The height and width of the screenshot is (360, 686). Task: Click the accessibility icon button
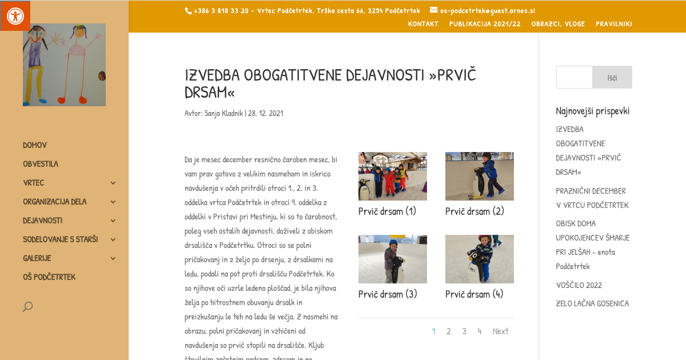(15, 16)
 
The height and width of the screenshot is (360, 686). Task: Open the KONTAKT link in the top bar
(423, 23)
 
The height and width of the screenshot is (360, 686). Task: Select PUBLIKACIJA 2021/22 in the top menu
(485, 23)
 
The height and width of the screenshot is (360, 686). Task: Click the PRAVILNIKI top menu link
(613, 23)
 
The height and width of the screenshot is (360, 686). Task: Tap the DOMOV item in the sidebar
(35, 145)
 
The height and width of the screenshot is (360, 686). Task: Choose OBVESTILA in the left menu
(41, 164)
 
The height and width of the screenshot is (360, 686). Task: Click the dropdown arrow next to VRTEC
(113, 183)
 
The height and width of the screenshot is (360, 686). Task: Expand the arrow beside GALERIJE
(113, 258)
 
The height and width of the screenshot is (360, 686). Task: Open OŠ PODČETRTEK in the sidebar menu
(49, 277)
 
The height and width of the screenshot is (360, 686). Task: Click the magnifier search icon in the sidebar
(27, 307)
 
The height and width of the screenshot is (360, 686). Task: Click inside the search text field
(575, 77)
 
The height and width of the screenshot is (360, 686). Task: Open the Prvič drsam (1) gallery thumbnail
(393, 176)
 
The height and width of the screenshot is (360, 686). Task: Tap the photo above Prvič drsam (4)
(480, 259)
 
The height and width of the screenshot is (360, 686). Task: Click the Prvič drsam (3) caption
(388, 294)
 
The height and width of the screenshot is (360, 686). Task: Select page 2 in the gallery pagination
(449, 331)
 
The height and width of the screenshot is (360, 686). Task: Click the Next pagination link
(500, 331)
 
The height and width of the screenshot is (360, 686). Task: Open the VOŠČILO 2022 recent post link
(579, 285)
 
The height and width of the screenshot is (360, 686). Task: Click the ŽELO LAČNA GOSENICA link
(592, 303)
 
